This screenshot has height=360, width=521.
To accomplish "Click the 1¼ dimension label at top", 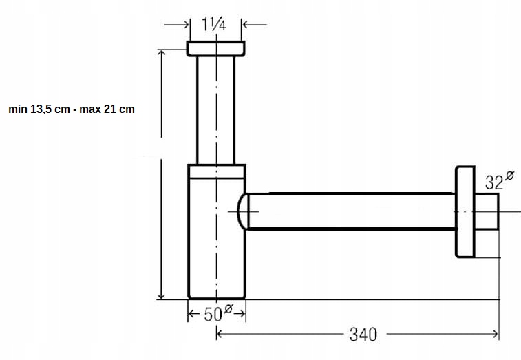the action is click(x=214, y=24).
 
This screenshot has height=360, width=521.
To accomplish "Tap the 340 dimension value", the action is click(x=363, y=335).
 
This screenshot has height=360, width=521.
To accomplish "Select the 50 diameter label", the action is click(x=217, y=313).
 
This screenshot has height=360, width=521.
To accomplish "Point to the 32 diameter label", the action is click(x=500, y=180).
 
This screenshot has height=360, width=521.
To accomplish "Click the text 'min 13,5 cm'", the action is click(x=39, y=109).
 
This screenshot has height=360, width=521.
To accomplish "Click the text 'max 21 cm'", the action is click(x=107, y=109).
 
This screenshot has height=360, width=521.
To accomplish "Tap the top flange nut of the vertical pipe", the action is click(x=216, y=49).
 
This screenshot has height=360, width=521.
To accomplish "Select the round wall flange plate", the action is click(x=465, y=212).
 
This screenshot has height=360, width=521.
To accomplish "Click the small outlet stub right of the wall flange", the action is click(x=487, y=212).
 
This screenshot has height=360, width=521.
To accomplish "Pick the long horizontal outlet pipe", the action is click(x=351, y=211).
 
